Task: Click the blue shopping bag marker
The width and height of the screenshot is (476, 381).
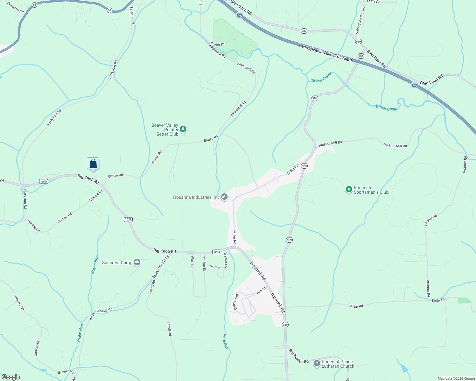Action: coord(93,164)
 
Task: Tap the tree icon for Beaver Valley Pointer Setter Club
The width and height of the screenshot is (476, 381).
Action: coord(183,129)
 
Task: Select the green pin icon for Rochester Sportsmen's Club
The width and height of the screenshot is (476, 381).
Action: coord(349,190)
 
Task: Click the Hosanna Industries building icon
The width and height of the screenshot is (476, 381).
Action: coord(224,197)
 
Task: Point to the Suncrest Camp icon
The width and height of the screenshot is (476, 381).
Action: coord(137,262)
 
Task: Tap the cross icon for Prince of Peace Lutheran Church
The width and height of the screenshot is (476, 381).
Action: coord(317,363)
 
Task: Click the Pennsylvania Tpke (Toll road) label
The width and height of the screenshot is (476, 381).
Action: coord(325,53)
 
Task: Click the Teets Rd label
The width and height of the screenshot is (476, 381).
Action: coord(373,2)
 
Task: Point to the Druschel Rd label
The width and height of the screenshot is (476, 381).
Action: coord(15,8)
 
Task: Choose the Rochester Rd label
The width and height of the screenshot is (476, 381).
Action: coord(298,356)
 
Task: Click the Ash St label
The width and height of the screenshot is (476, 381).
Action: coord(261,290)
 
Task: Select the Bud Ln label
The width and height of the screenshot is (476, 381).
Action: coord(215,267)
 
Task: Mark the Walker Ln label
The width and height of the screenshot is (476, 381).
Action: coord(226,260)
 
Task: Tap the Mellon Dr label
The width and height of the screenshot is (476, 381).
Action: coord(204,264)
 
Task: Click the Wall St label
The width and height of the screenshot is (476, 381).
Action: coord(192,261)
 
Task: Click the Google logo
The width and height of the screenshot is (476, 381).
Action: coord(10,377)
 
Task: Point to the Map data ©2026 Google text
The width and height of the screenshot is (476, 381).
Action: coord(456,378)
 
